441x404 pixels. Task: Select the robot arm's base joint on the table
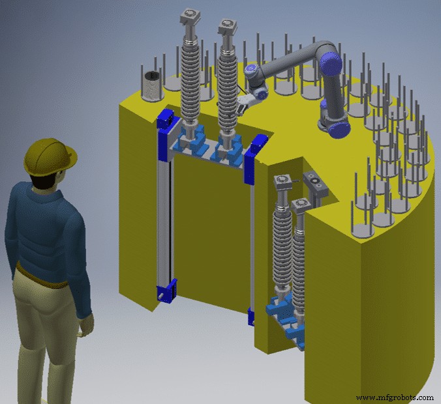(334, 121)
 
